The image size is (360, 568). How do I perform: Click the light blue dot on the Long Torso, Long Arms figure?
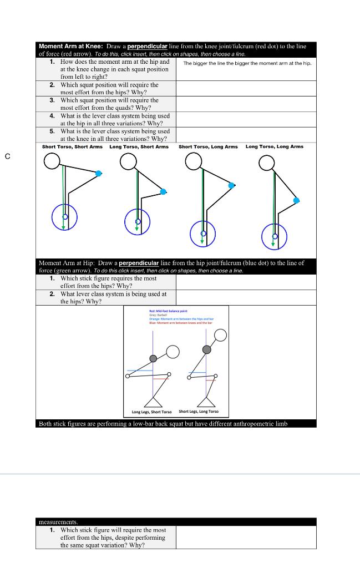(297, 200)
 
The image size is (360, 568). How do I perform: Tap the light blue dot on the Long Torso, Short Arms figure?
(163, 191)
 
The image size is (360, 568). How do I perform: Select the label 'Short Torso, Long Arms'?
(208, 146)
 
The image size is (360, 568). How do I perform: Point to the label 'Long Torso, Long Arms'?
(275, 146)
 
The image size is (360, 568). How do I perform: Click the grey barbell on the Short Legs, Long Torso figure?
(207, 349)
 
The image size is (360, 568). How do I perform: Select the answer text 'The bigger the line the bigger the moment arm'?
(247, 63)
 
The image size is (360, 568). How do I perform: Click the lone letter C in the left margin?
(7, 156)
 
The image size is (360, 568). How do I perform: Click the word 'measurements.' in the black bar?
(58, 521)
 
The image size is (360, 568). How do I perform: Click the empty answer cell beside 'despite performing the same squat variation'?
(246, 537)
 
